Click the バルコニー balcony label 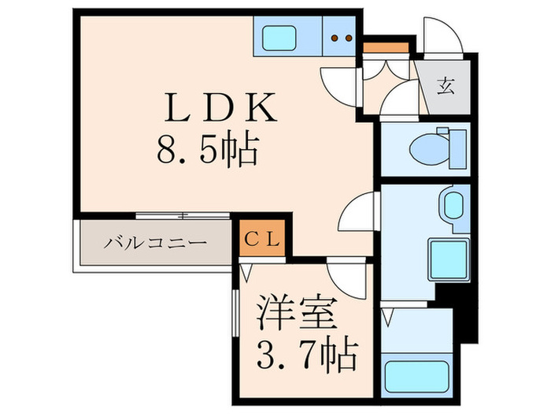coord(156,243)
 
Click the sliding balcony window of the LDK coord(183,214)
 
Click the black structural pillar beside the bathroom coord(461,308)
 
